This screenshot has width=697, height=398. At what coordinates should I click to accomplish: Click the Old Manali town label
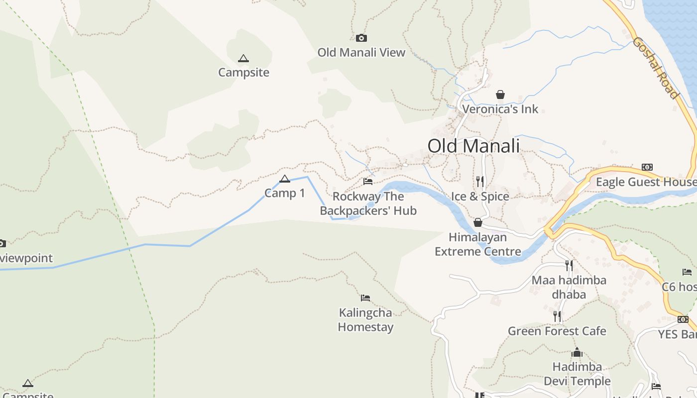point(473,146)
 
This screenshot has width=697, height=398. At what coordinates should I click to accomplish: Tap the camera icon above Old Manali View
point(361,38)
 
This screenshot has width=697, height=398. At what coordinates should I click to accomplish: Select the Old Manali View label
point(361,52)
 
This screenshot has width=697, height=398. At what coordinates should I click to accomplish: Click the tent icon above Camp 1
point(285,179)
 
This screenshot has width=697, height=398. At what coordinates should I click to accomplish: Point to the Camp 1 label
point(285,193)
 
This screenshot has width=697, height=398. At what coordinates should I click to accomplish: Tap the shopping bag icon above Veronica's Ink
point(500,95)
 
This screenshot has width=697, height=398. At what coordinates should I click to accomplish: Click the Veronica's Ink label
point(500,109)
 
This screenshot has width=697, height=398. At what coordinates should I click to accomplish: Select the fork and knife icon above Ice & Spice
point(480,181)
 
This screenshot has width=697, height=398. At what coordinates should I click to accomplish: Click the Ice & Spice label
point(480,197)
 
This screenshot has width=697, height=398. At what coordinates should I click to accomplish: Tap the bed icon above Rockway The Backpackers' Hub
point(368,182)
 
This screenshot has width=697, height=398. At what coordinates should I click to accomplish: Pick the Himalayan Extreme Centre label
point(478,244)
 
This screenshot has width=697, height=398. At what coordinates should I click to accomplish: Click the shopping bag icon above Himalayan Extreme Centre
point(478,222)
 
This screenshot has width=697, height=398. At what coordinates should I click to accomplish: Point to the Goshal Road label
point(656,68)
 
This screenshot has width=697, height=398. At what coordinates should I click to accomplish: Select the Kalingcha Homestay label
point(366,320)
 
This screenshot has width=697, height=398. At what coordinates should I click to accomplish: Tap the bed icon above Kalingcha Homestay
point(365,298)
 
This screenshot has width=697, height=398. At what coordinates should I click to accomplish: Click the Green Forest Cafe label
point(557,331)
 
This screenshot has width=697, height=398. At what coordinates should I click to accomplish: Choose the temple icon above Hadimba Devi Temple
point(577,353)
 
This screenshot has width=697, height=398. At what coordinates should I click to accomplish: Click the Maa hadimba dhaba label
point(569,287)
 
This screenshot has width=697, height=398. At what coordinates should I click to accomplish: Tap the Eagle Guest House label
point(646,182)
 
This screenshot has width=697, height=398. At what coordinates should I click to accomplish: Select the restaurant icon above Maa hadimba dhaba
point(569,265)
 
